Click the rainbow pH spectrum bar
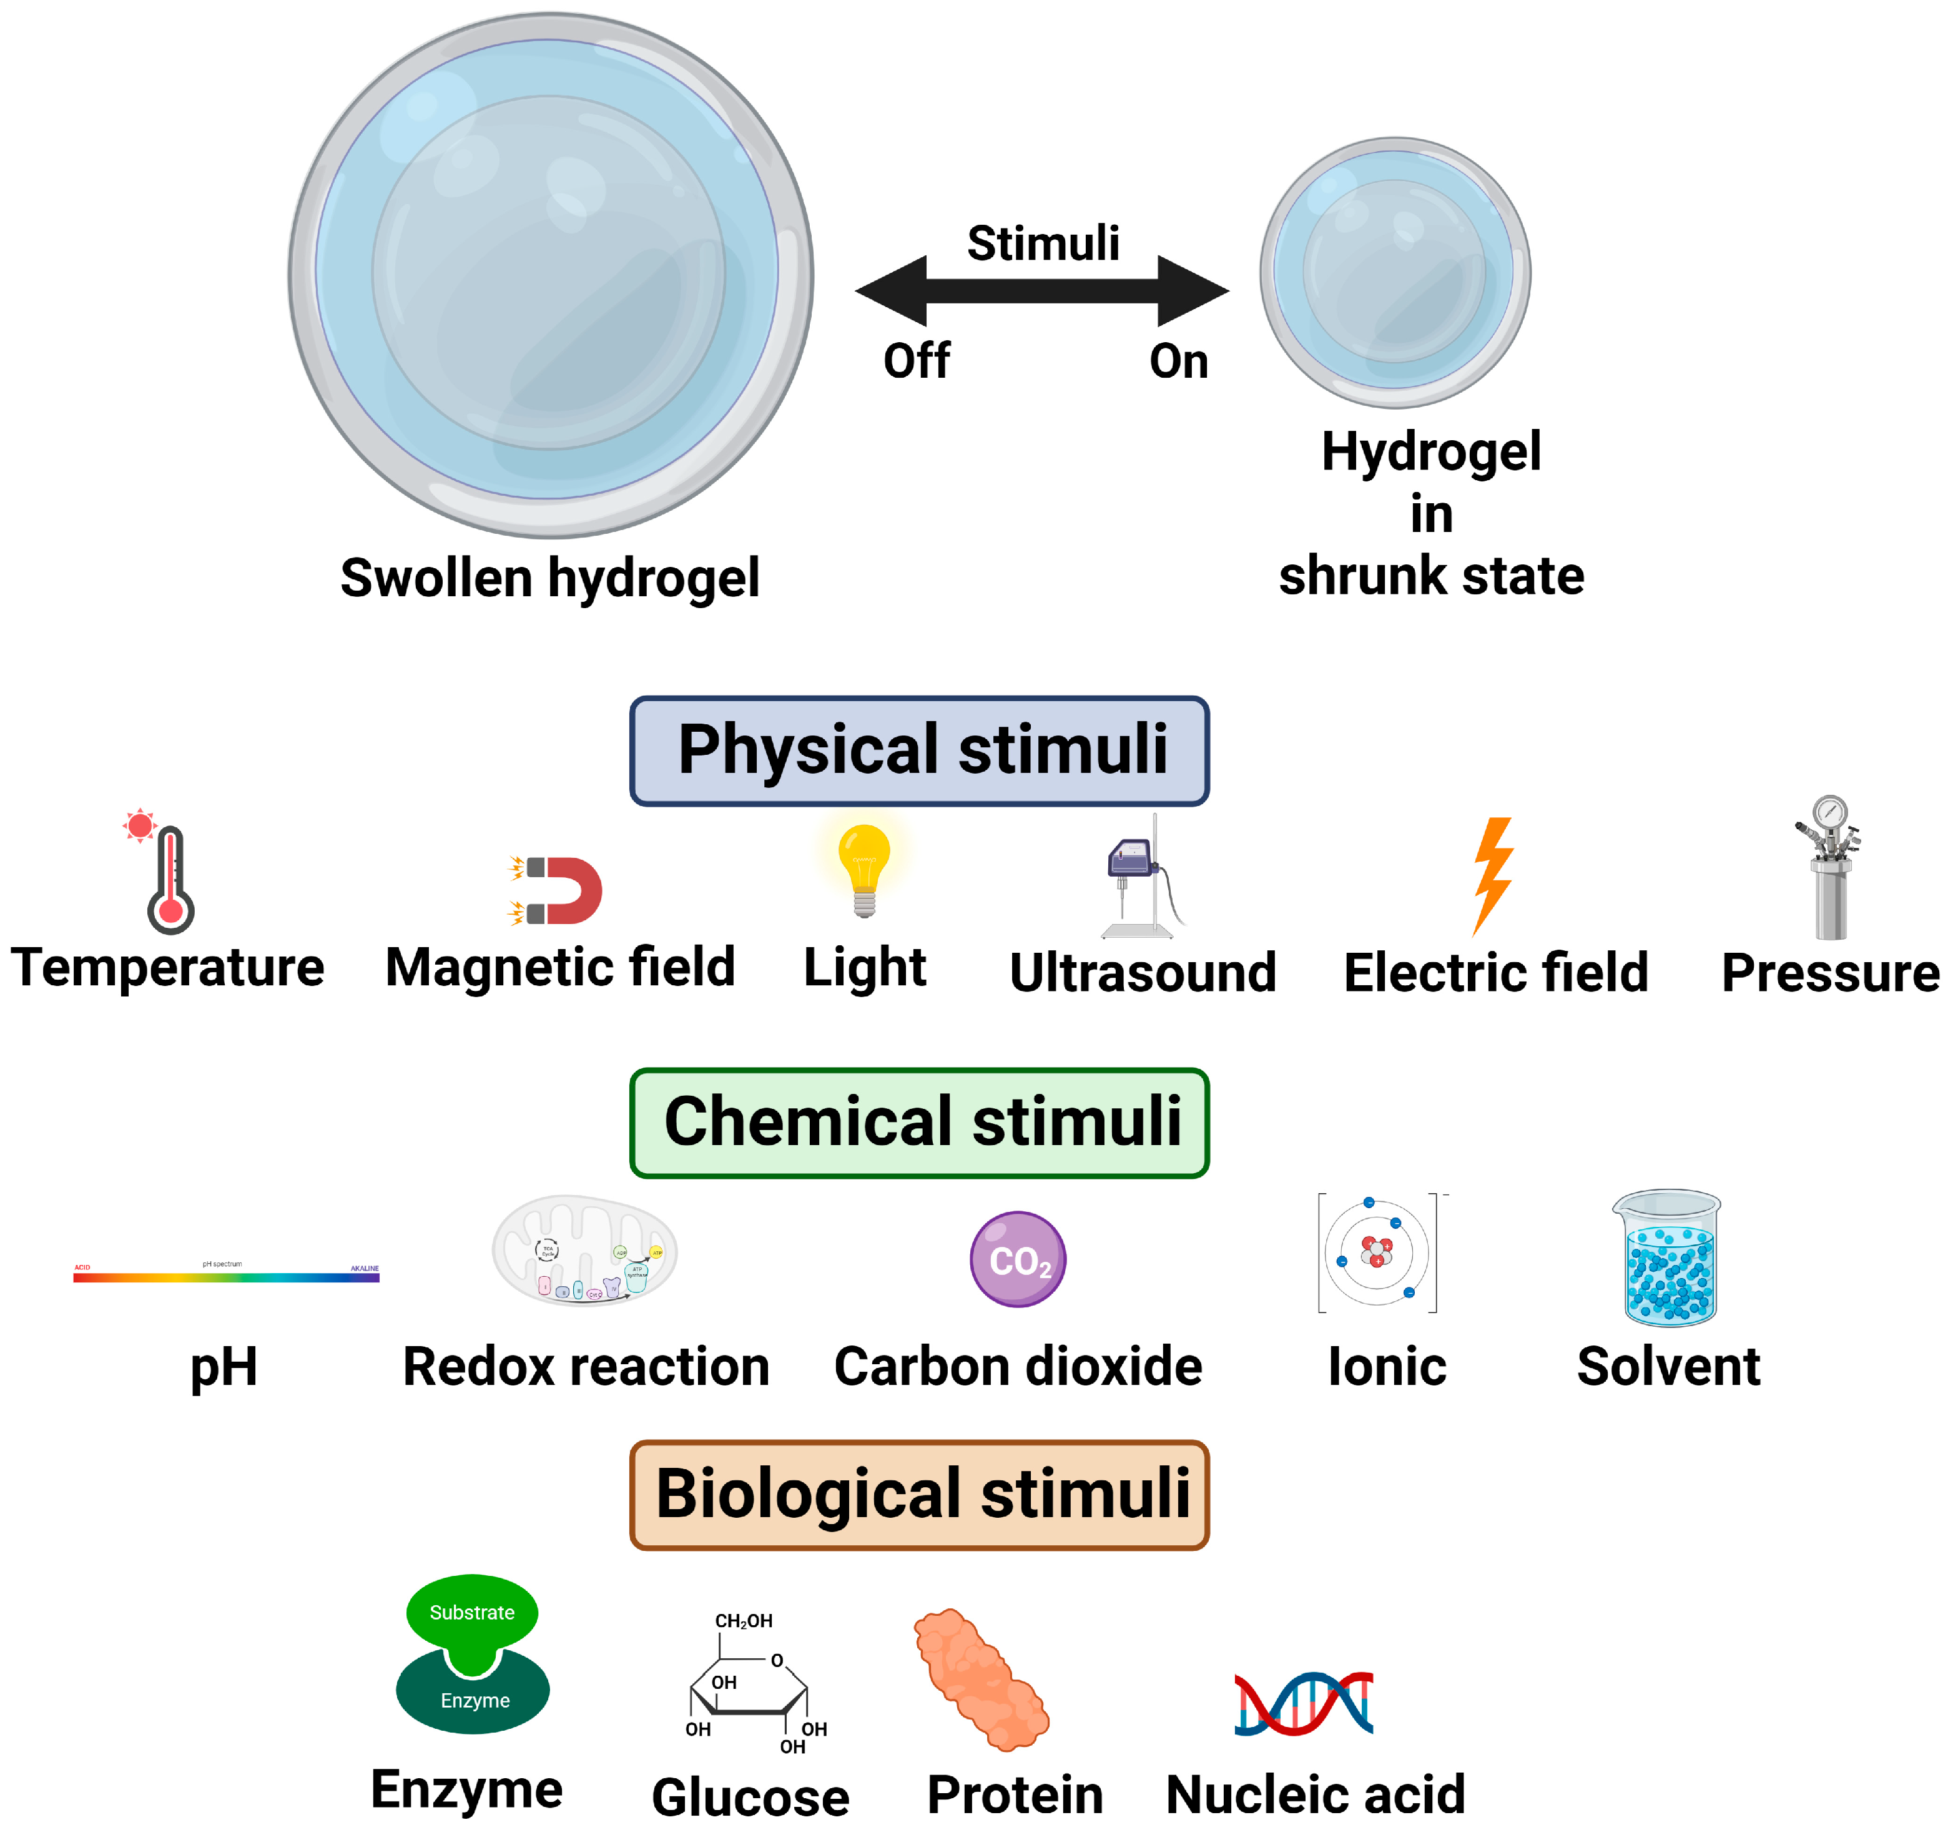tap(226, 1277)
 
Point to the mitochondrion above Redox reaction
tap(584, 1251)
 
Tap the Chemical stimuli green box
tap(920, 1122)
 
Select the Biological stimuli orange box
tap(920, 1494)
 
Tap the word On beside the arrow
tap(1178, 360)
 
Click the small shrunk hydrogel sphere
tap(1395, 272)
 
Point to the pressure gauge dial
tap(1829, 812)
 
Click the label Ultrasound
tap(1143, 973)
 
